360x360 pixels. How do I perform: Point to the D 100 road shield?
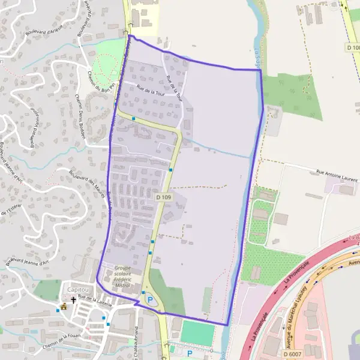tap(353, 46)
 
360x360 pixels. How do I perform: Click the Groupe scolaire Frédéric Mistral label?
tap(125, 274)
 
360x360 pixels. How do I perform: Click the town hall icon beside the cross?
tap(64, 307)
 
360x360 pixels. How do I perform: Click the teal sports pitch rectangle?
tap(196, 332)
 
